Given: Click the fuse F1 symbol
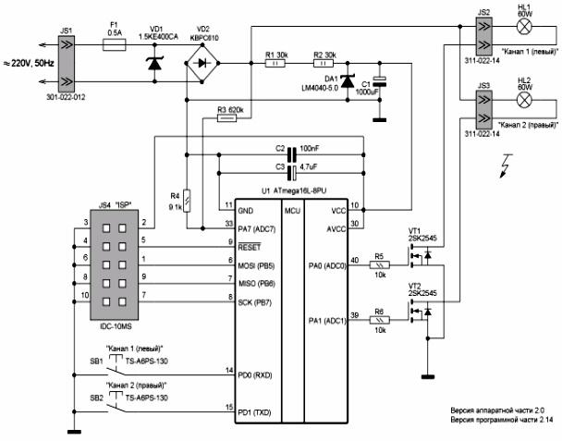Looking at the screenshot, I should [x=116, y=43].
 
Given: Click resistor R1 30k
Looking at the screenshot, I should [x=275, y=65].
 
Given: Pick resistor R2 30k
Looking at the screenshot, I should [x=322, y=65].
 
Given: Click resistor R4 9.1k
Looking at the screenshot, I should [x=188, y=199].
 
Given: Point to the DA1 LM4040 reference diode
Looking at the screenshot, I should [x=348, y=84].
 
